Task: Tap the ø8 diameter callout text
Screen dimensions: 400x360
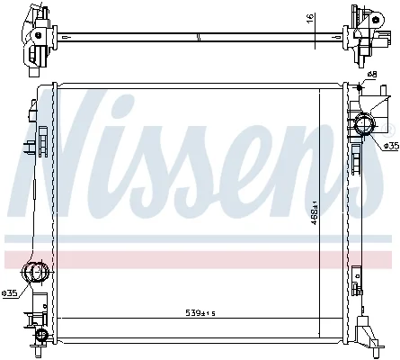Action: [x=372, y=74]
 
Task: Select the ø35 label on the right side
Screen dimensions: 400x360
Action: [x=391, y=146]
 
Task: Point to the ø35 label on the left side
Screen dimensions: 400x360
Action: [x=9, y=293]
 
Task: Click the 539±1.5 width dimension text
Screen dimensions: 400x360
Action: [x=200, y=313]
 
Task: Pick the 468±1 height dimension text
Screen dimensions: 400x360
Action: [x=315, y=213]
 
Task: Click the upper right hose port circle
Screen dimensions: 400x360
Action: [x=364, y=125]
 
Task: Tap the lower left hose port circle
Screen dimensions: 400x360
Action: [x=35, y=272]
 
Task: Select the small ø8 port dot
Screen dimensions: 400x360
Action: [x=360, y=87]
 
